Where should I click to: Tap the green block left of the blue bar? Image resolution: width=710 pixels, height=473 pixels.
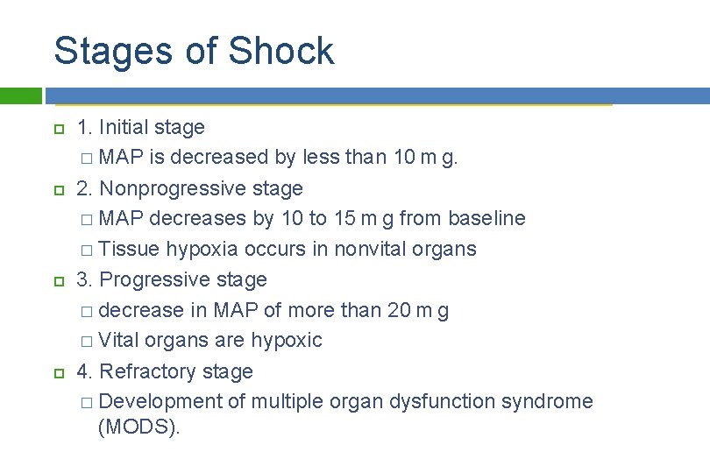click(x=21, y=95)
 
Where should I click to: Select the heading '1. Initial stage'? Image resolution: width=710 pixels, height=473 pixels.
click(x=140, y=127)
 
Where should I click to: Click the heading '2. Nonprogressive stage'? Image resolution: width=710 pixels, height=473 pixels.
click(x=189, y=188)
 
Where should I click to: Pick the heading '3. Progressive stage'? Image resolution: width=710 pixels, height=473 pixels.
click(x=172, y=279)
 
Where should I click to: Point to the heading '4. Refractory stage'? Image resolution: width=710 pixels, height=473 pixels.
click(x=165, y=371)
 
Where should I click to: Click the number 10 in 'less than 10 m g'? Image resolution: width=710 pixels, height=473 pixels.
click(x=404, y=158)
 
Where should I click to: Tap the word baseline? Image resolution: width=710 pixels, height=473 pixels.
click(x=486, y=218)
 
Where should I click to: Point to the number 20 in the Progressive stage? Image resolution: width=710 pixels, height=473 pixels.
click(x=400, y=310)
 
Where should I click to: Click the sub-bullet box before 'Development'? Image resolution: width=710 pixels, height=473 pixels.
click(x=84, y=402)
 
